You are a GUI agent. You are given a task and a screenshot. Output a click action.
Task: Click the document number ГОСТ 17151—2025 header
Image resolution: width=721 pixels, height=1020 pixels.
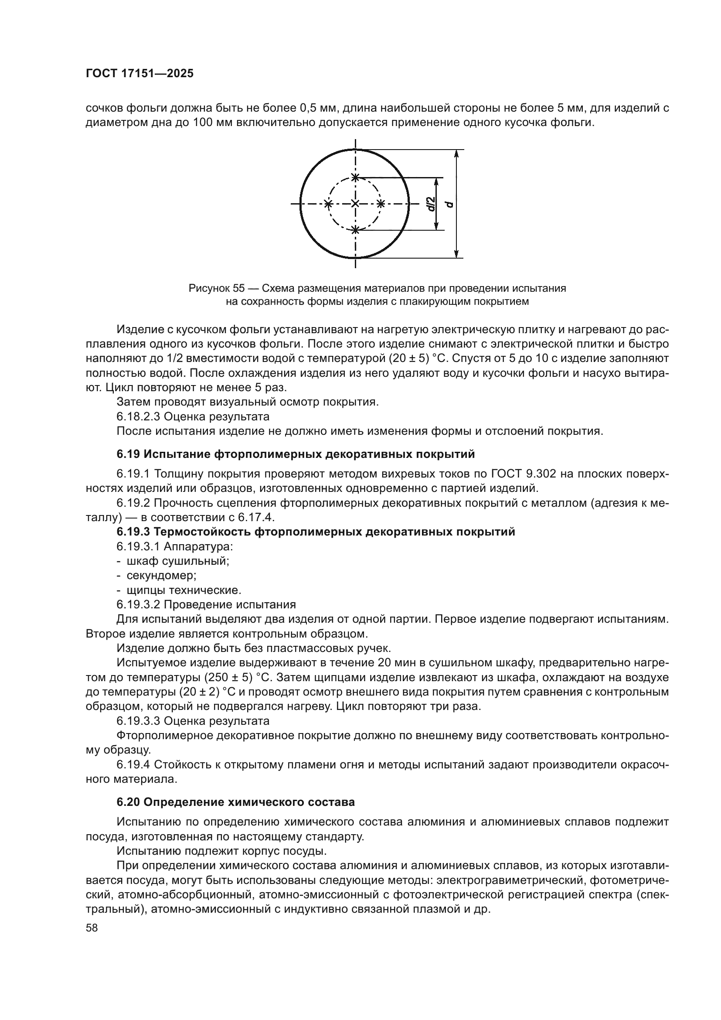pos(139,74)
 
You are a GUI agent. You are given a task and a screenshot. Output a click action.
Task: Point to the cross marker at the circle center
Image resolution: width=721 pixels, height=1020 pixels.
pos(355,204)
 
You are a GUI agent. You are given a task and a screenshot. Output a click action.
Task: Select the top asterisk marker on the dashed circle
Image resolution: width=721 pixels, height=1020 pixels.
pos(355,177)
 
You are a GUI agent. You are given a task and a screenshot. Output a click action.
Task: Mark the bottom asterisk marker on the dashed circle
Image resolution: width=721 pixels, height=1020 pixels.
pos(355,230)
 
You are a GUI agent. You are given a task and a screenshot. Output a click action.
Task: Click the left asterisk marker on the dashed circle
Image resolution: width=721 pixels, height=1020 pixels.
pos(328,204)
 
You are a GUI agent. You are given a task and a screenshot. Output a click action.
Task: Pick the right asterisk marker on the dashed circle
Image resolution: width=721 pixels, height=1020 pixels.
pos(381,204)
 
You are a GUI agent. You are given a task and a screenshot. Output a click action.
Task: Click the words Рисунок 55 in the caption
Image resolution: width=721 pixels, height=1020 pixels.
pos(216,288)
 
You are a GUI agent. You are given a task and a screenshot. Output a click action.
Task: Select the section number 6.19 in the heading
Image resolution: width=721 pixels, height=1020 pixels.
pos(128,454)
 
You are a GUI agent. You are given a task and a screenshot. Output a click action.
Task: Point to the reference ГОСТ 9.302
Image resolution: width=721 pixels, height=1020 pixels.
pos(524,474)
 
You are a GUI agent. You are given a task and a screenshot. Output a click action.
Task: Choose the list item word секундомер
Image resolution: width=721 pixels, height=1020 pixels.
pos(161,576)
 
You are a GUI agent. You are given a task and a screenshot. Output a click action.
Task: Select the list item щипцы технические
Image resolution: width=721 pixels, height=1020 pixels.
pos(184,590)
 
